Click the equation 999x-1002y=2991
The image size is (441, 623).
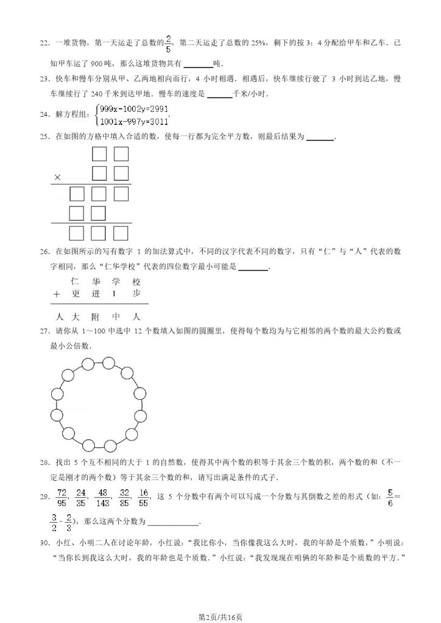125,109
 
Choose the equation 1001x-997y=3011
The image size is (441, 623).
124,121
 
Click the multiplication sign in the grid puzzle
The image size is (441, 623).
58,177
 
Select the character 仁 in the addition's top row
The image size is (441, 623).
76,282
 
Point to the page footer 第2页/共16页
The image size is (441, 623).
220,616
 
